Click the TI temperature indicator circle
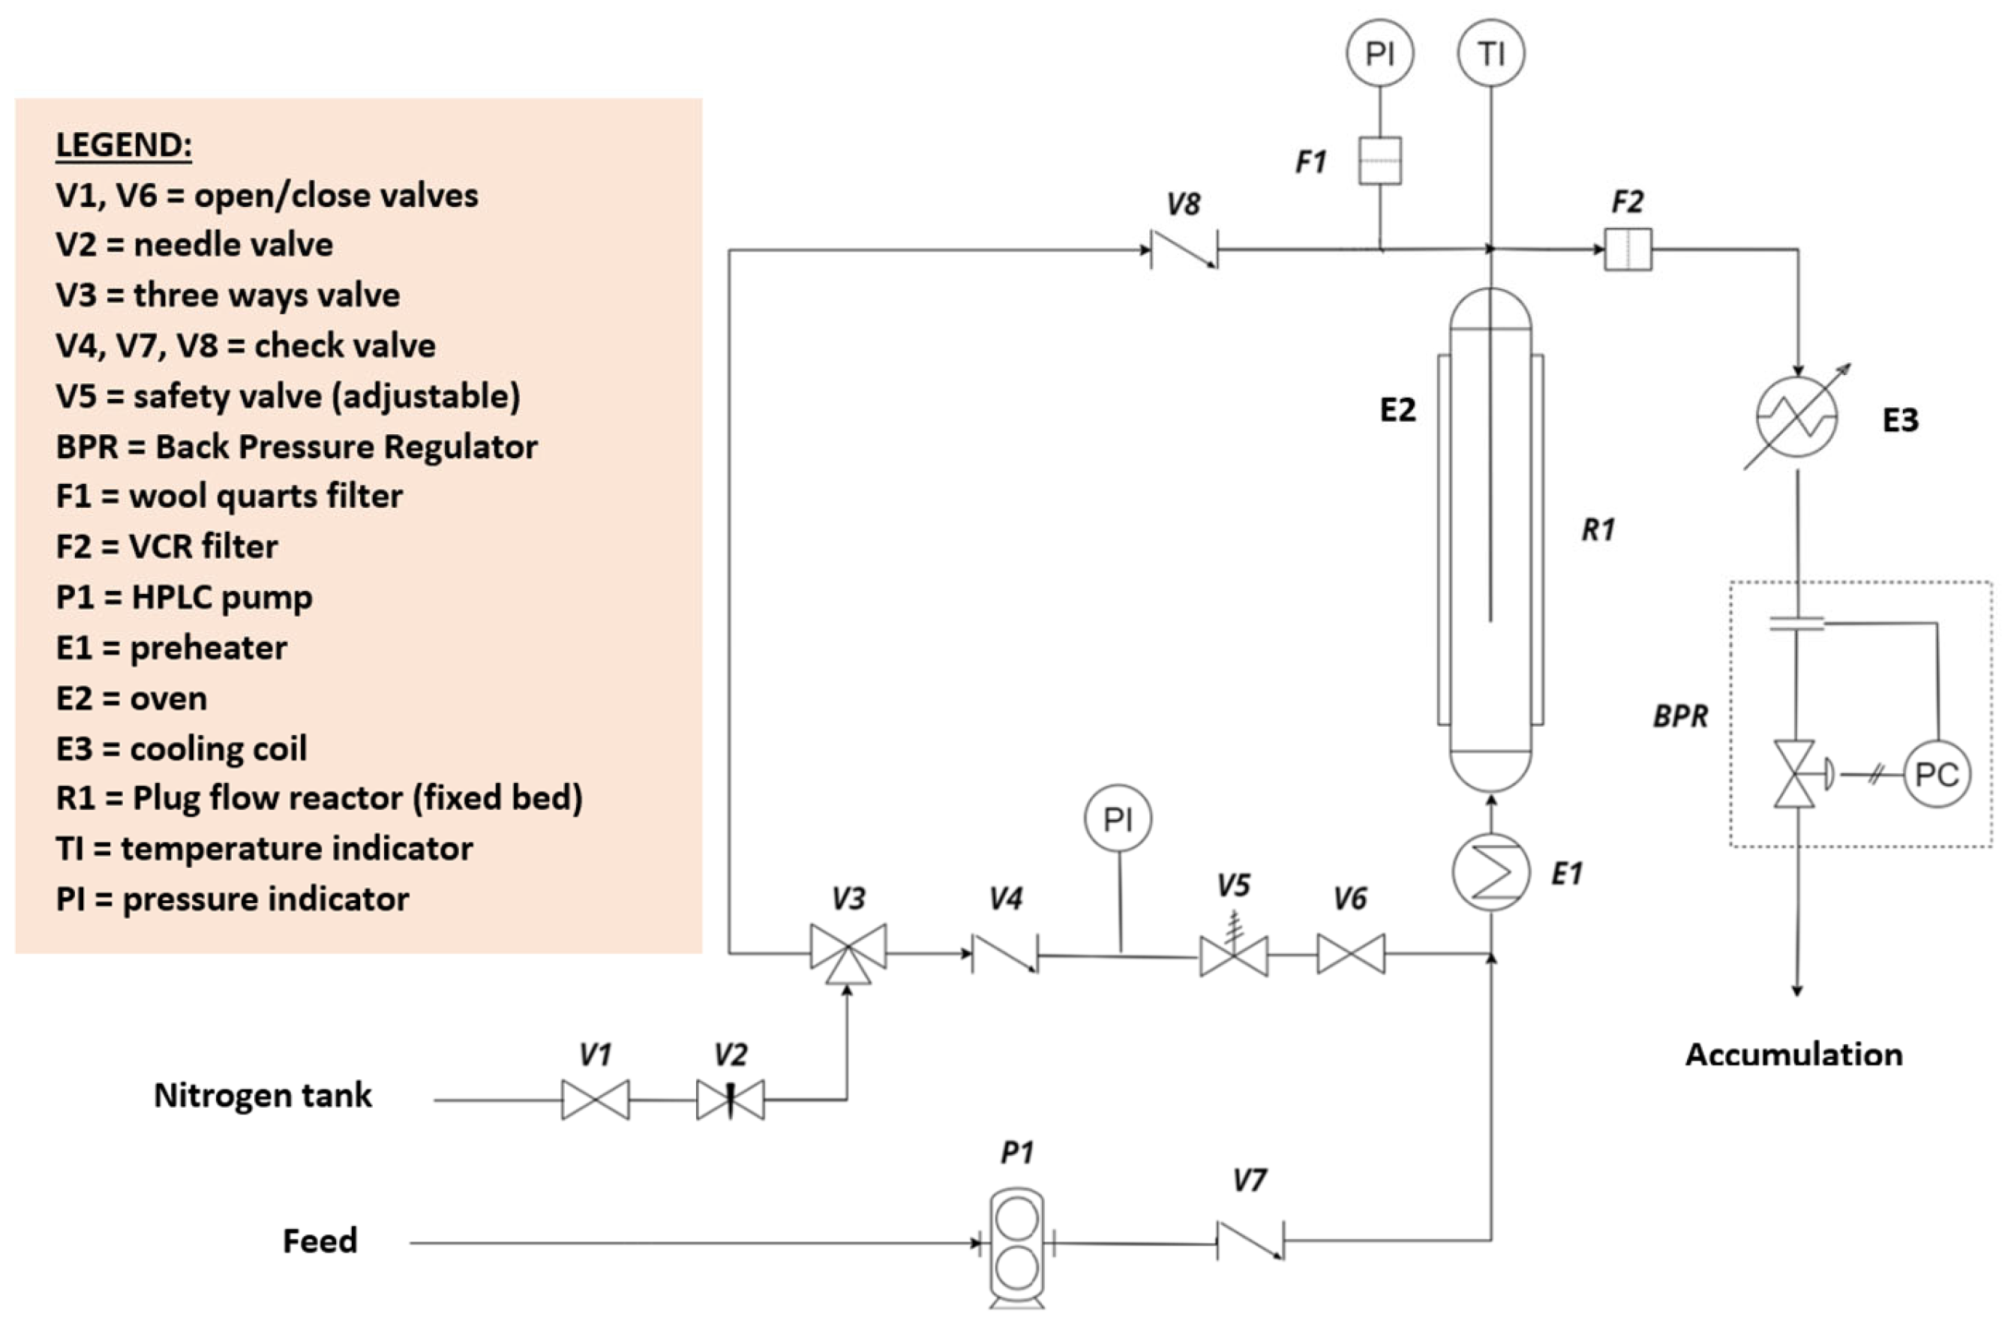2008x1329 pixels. pyautogui.click(x=1490, y=53)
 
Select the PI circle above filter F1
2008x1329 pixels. pyautogui.click(x=1379, y=53)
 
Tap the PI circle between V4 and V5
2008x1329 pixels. pyautogui.click(x=1117, y=819)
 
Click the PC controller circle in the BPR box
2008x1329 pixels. pyautogui.click(x=1936, y=774)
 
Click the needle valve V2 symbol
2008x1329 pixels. pyautogui.click(x=730, y=1099)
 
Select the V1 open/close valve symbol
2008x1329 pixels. pyautogui.click(x=595, y=1099)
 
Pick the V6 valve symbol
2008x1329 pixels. pyautogui.click(x=1350, y=953)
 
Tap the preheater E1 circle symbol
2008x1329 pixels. pyautogui.click(x=1490, y=872)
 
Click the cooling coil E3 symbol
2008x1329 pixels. pyautogui.click(x=1796, y=417)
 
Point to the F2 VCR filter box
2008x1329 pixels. pyautogui.click(x=1628, y=249)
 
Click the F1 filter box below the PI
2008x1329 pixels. pyautogui.click(x=1379, y=160)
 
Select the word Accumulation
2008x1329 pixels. pyautogui.click(x=1793, y=1054)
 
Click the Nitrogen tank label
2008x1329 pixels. pyautogui.click(x=262, y=1095)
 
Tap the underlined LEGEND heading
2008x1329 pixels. pyautogui.click(x=124, y=145)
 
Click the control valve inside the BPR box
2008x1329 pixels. pyautogui.click(x=1793, y=774)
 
